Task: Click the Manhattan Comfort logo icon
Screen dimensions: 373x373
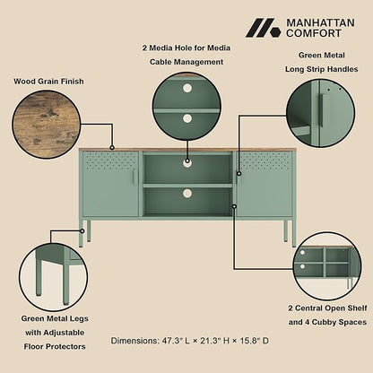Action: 264,28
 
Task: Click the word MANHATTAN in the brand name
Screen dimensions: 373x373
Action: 320,22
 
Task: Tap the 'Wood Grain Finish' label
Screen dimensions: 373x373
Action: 48,82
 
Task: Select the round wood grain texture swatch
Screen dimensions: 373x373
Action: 47,125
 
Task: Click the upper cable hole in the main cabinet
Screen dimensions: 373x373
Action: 187,161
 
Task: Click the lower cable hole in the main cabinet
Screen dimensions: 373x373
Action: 187,193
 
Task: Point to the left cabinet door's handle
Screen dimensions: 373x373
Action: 134,178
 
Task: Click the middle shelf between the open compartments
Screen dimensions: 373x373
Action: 187,186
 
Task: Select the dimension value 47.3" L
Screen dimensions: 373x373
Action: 176,341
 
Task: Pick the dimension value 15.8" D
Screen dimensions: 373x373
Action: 255,341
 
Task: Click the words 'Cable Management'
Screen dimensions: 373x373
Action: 186,62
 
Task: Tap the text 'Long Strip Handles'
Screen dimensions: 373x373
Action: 322,69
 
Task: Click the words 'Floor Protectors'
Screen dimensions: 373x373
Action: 55,347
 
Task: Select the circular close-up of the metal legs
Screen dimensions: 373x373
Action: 54,276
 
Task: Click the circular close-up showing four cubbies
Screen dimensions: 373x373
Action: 327,266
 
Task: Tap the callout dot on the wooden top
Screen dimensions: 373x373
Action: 112,147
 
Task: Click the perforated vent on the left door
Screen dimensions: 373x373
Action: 110,161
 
